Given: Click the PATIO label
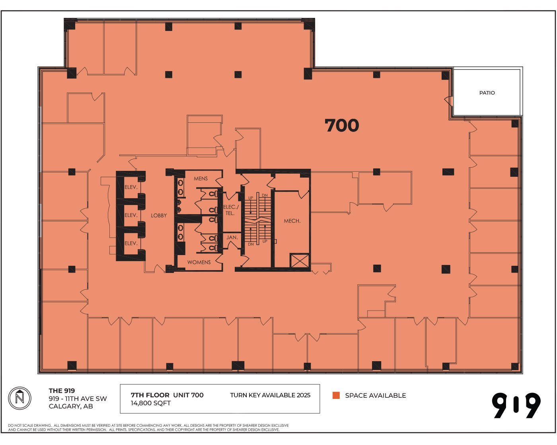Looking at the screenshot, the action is coord(487,93).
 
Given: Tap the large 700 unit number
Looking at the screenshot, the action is coord(342,126).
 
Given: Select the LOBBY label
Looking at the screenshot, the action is coord(159,215).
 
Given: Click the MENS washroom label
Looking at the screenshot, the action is coord(201,178).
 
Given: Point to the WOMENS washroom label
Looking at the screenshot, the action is coord(199,262).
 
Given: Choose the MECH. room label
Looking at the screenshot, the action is coord(292,221).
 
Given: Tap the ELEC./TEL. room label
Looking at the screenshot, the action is coord(231,210).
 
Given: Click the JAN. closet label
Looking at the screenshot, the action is coord(232,237).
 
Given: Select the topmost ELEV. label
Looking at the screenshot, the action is coord(131,187).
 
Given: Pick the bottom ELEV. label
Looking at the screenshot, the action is coord(131,243).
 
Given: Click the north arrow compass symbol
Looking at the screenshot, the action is coord(19,398).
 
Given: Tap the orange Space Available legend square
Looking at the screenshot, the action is coord(336,395).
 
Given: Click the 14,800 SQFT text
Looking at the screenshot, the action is coord(151,403).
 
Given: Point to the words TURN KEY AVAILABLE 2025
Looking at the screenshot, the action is coord(270,395).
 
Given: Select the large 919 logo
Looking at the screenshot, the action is coord(516,405).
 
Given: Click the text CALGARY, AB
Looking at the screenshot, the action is coord(71,406).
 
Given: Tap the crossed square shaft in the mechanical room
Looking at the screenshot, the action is coord(300,261).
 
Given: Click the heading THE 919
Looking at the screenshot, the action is coord(62,391).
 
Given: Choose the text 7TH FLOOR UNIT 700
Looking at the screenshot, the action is coord(167,395).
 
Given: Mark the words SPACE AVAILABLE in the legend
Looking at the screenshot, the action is coord(375,395).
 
